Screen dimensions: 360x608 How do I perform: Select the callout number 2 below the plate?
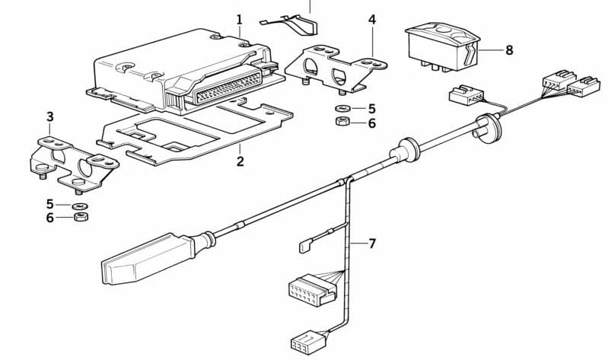240,161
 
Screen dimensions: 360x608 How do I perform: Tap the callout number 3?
50,117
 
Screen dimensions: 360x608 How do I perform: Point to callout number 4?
372,19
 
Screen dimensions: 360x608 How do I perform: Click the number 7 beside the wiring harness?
372,244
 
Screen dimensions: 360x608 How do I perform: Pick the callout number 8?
508,50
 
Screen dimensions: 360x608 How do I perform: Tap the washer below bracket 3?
78,205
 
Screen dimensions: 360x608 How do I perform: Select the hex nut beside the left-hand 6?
79,218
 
